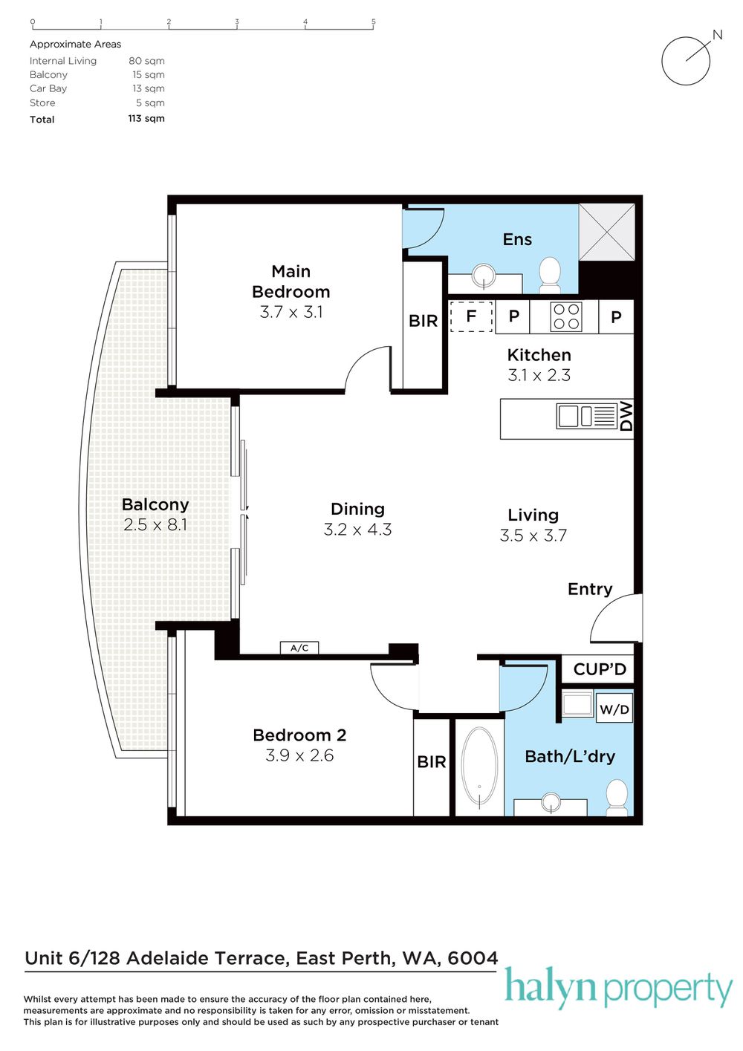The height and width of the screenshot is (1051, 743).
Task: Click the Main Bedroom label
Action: pyautogui.click(x=291, y=282)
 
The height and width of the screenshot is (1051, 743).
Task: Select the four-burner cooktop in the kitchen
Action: pyautogui.click(x=566, y=316)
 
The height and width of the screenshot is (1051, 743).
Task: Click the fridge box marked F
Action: pyautogui.click(x=471, y=316)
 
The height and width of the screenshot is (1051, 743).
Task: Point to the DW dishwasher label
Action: pyautogui.click(x=626, y=416)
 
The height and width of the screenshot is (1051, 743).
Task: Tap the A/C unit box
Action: pyautogui.click(x=299, y=648)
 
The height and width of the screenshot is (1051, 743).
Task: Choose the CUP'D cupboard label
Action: pyautogui.click(x=600, y=669)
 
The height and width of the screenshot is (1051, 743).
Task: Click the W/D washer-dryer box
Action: pyautogui.click(x=614, y=709)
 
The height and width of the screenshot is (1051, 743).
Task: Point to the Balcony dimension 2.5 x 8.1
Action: pyautogui.click(x=155, y=524)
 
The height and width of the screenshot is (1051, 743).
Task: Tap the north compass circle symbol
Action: pyautogui.click(x=686, y=60)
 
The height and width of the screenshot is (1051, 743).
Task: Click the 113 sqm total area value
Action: pyautogui.click(x=146, y=118)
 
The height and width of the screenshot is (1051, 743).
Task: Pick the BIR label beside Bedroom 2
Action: pyautogui.click(x=432, y=761)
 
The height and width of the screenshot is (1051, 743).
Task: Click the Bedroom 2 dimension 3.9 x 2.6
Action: pyautogui.click(x=299, y=755)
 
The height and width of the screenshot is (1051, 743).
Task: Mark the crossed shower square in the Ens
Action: pyautogui.click(x=606, y=232)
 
